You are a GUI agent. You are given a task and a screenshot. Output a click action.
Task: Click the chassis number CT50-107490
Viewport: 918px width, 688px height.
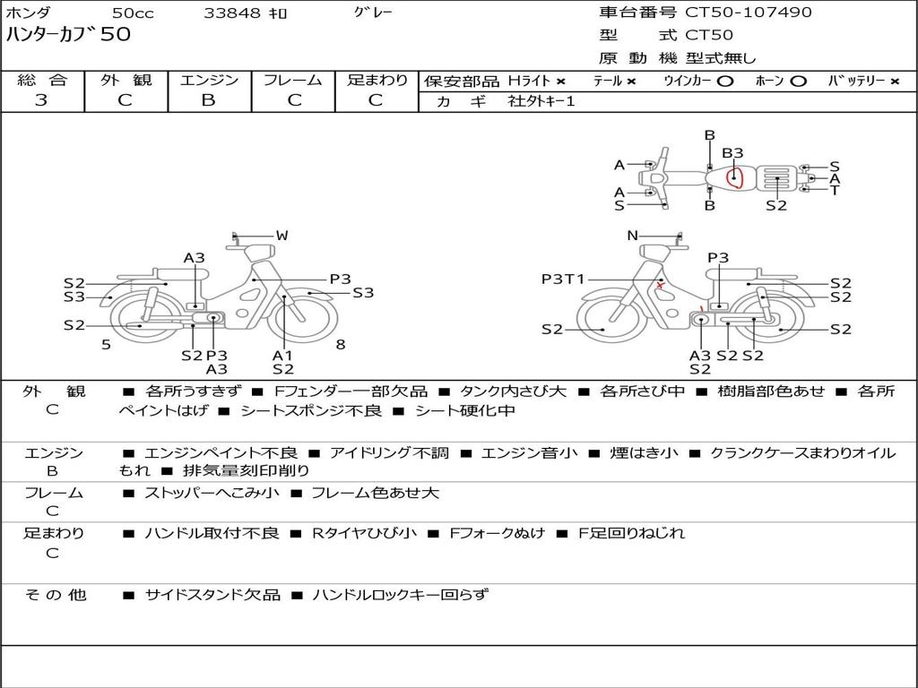click(749, 12)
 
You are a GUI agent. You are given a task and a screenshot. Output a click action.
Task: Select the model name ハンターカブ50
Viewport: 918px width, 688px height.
click(68, 34)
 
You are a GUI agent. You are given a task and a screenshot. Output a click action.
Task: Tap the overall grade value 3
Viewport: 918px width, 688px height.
click(41, 100)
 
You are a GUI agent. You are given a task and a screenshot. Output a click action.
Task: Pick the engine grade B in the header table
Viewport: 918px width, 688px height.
click(208, 100)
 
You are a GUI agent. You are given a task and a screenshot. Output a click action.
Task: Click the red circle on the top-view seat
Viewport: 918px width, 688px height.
click(734, 176)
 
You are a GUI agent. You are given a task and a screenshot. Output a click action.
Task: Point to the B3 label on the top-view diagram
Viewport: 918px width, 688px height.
click(732, 152)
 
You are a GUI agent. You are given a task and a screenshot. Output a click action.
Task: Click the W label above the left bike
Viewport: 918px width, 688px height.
click(282, 236)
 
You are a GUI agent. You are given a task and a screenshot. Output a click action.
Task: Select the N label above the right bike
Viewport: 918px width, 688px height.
click(632, 236)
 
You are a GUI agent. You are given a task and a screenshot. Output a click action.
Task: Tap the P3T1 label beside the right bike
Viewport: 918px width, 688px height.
click(563, 279)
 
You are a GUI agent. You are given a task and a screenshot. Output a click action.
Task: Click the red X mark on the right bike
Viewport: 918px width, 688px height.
click(661, 286)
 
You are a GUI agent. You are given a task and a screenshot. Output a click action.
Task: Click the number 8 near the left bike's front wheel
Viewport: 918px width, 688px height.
click(341, 344)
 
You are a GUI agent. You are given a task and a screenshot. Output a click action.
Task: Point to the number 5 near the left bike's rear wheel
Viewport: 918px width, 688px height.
click(106, 344)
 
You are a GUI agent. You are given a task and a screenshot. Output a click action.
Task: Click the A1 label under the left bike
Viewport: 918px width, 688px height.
click(282, 355)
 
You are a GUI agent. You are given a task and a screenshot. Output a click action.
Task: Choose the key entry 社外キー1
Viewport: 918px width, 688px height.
click(541, 100)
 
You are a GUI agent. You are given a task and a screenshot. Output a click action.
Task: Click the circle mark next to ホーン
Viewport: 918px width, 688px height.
click(798, 82)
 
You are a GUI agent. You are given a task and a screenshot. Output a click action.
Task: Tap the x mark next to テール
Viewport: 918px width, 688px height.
click(631, 82)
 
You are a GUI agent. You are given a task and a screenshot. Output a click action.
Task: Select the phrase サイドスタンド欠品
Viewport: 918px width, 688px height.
click(212, 595)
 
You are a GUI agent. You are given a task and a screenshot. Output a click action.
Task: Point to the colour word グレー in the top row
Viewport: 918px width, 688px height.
click(373, 13)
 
